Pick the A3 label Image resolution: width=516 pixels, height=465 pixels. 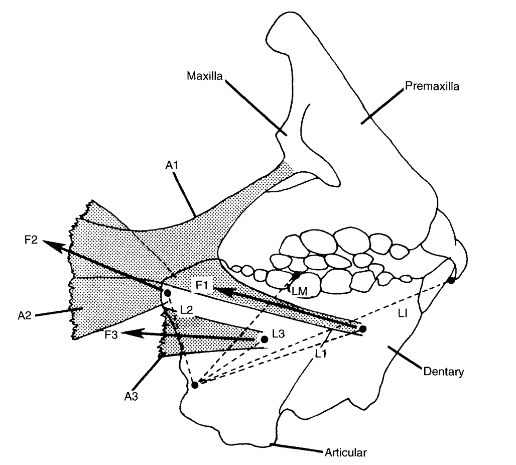pos(132,395)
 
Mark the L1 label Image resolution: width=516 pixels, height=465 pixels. pos(322,353)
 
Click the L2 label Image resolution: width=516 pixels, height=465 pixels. pos(186,310)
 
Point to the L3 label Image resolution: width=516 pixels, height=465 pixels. pos(278,333)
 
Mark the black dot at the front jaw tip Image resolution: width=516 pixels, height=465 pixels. pos(451,280)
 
